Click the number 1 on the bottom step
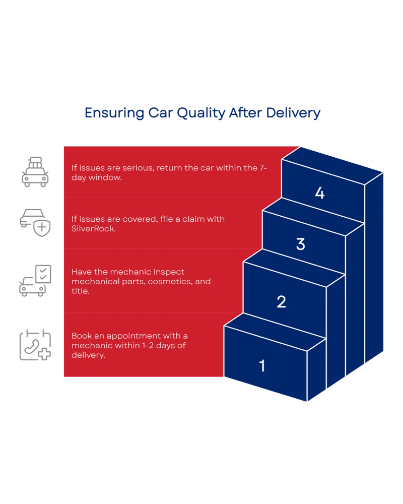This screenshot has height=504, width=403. [x=262, y=366]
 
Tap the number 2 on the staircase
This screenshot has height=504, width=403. [x=281, y=302]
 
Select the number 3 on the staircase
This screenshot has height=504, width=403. [x=300, y=244]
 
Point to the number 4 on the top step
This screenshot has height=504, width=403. [x=319, y=193]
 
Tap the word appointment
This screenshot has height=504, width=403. [x=131, y=336]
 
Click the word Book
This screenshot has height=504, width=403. [x=81, y=336]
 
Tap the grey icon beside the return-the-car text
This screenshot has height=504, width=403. [x=35, y=172]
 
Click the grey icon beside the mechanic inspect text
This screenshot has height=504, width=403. [x=35, y=279]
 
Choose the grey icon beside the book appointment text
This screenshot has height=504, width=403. [x=35, y=345]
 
